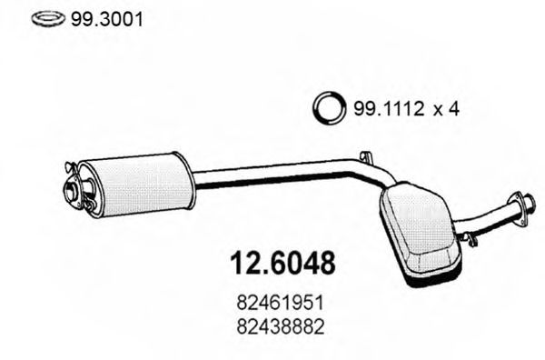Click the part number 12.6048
(x=280, y=264)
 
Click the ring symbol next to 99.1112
(x=328, y=109)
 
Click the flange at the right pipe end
(x=521, y=208)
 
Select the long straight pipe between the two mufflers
(x=272, y=176)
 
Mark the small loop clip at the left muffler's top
(x=69, y=166)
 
